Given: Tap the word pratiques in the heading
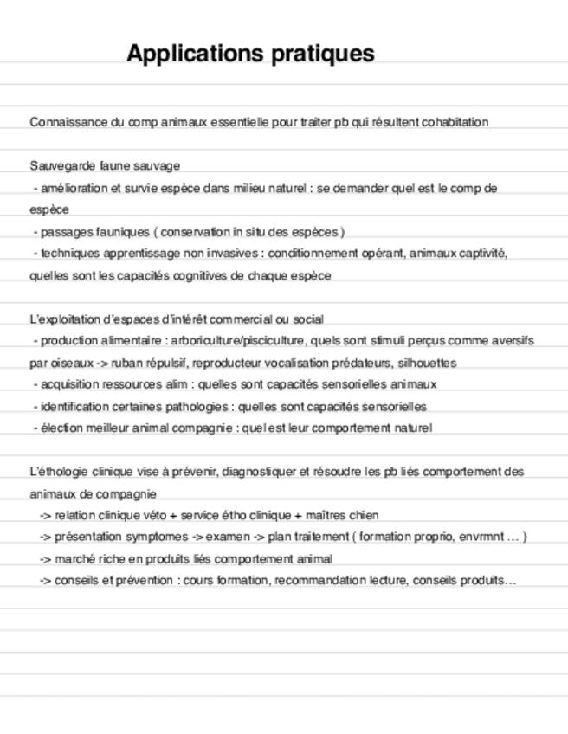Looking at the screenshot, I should [x=323, y=54].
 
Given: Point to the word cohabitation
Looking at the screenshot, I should [x=455, y=122].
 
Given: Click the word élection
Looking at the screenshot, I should [x=58, y=428].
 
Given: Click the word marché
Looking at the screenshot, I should [x=74, y=559].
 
